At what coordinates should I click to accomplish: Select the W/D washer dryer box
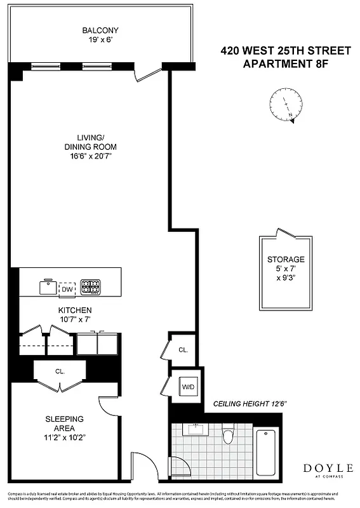(x=188, y=386)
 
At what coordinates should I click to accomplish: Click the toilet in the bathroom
(x=229, y=436)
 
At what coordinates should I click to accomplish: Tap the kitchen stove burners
(x=90, y=288)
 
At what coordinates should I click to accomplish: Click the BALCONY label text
(x=100, y=30)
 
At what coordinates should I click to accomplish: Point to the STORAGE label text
(x=286, y=260)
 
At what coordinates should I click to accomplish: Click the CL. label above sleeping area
(x=60, y=371)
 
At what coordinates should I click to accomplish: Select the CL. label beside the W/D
(x=183, y=350)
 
